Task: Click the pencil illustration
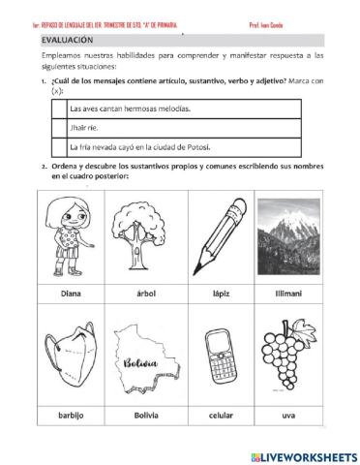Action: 223,238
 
